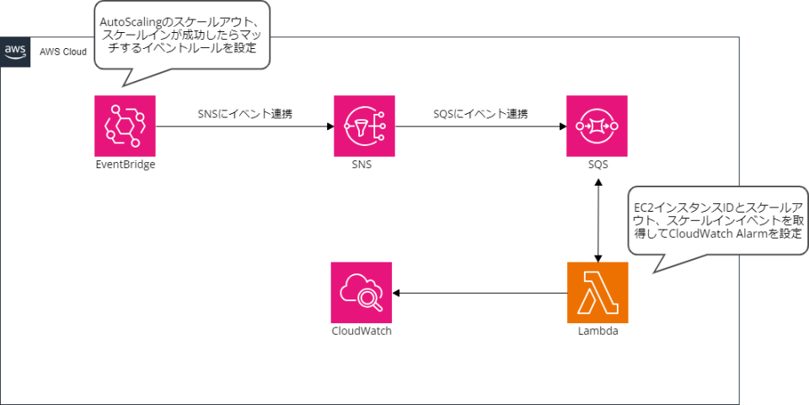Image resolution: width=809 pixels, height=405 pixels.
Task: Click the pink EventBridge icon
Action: coord(126,126)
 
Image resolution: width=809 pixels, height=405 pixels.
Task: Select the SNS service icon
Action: coord(364,126)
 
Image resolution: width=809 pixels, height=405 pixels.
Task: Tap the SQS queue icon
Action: coord(597,126)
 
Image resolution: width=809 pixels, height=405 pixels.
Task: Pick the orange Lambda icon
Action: coord(597,293)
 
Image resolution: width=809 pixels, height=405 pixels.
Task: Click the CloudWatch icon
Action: coord(362,293)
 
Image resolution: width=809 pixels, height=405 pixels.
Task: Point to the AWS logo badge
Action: coord(15,51)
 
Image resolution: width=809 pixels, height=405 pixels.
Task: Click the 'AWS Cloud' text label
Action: coord(62,51)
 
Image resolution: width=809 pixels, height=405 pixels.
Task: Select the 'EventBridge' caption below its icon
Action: coord(126,165)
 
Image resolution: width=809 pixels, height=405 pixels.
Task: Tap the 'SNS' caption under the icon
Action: coord(364,165)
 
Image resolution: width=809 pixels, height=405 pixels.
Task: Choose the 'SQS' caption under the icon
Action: coord(597,165)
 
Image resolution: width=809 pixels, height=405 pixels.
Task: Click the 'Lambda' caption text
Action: coord(597,332)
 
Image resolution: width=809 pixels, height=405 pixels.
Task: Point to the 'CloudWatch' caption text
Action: coord(362,332)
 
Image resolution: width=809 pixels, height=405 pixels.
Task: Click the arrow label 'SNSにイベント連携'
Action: coord(245,114)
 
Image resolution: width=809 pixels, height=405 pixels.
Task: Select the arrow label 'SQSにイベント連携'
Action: coord(480,114)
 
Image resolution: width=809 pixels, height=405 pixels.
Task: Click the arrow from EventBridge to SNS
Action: coord(244,127)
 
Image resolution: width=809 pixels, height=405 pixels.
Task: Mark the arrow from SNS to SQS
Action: coord(480,127)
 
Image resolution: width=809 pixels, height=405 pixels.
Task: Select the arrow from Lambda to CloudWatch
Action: coord(480,293)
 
